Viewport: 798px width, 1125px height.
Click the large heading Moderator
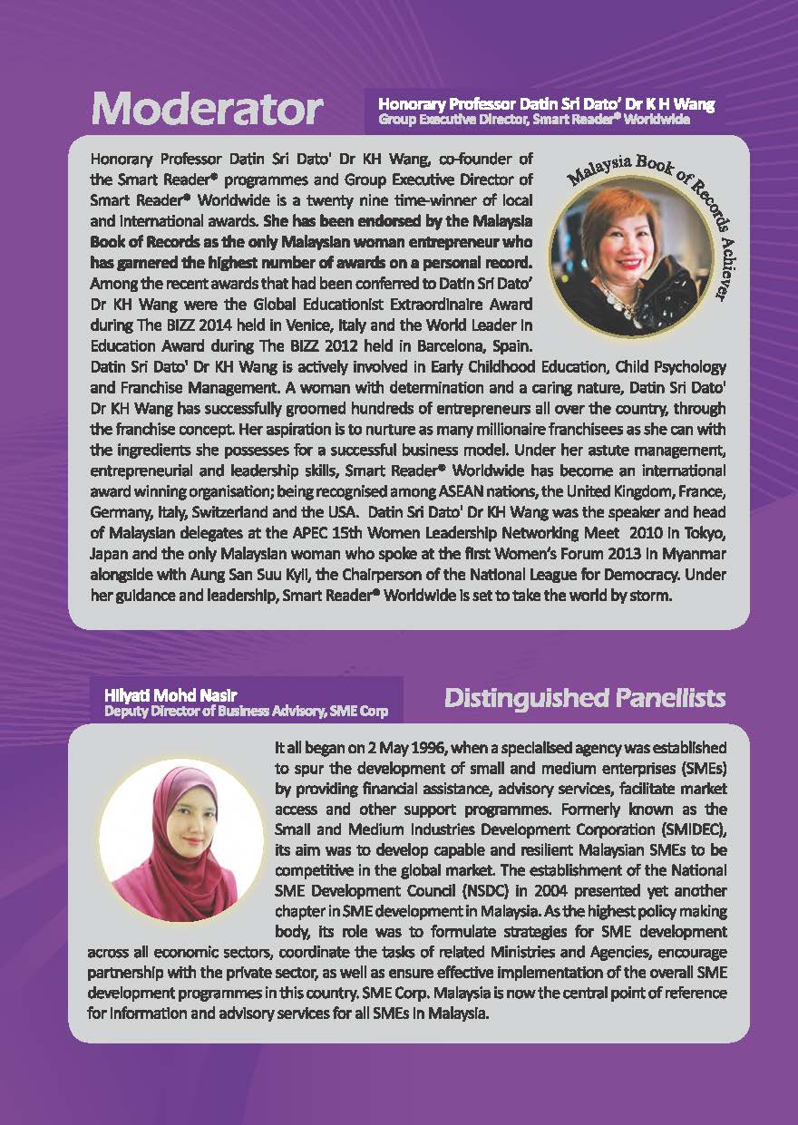207,110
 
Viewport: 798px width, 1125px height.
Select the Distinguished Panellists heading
585,697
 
